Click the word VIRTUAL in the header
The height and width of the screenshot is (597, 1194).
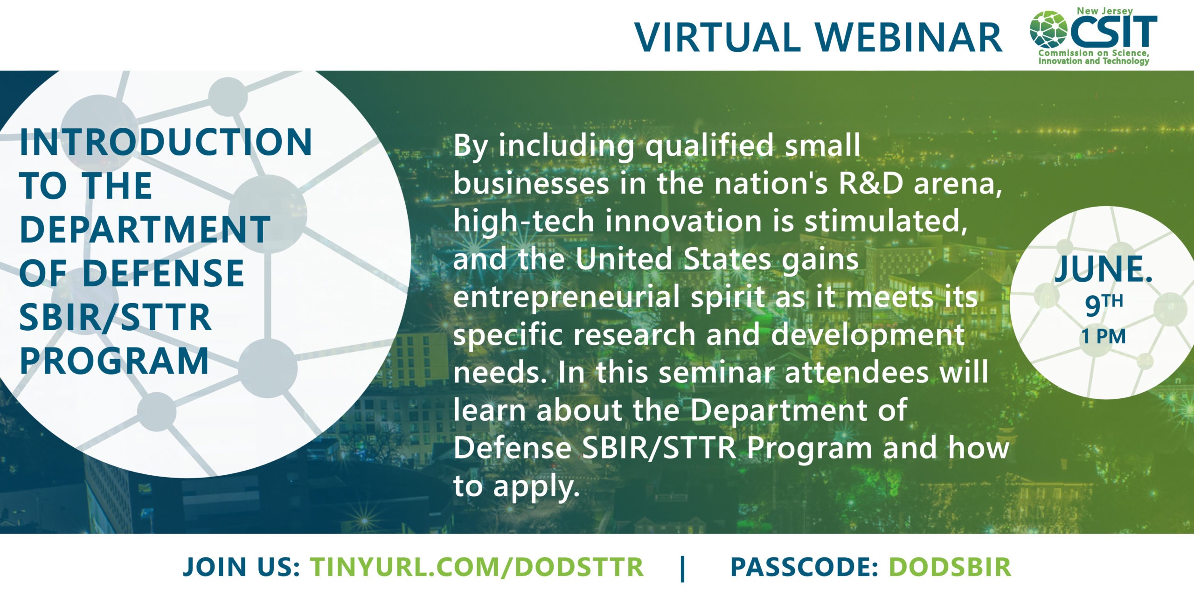717,37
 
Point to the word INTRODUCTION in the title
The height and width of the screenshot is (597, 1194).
166,142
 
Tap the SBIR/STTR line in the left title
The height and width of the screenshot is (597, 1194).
116,317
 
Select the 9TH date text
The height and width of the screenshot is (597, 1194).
1104,305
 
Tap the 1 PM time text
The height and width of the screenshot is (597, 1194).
1104,336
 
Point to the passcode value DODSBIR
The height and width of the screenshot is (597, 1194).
950,567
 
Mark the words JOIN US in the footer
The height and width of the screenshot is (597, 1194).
241,567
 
